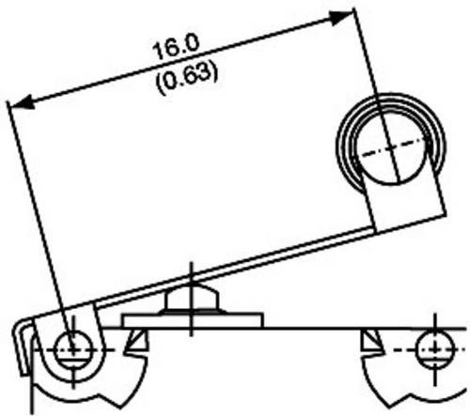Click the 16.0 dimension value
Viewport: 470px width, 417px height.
tap(176, 47)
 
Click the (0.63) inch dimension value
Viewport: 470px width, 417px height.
tap(187, 78)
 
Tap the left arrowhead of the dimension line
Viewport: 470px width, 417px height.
tap(22, 104)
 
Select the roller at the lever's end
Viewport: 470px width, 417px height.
tap(390, 145)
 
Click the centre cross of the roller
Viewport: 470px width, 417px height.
tap(391, 148)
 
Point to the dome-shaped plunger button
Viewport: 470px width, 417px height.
tap(191, 298)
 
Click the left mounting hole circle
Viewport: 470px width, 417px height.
tap(73, 348)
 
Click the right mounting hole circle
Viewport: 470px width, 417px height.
tap(435, 348)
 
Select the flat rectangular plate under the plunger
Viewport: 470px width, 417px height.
tap(193, 320)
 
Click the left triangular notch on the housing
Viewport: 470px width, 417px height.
tap(135, 342)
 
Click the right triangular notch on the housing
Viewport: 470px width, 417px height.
tap(372, 341)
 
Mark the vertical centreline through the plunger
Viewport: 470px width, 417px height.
tap(192, 300)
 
